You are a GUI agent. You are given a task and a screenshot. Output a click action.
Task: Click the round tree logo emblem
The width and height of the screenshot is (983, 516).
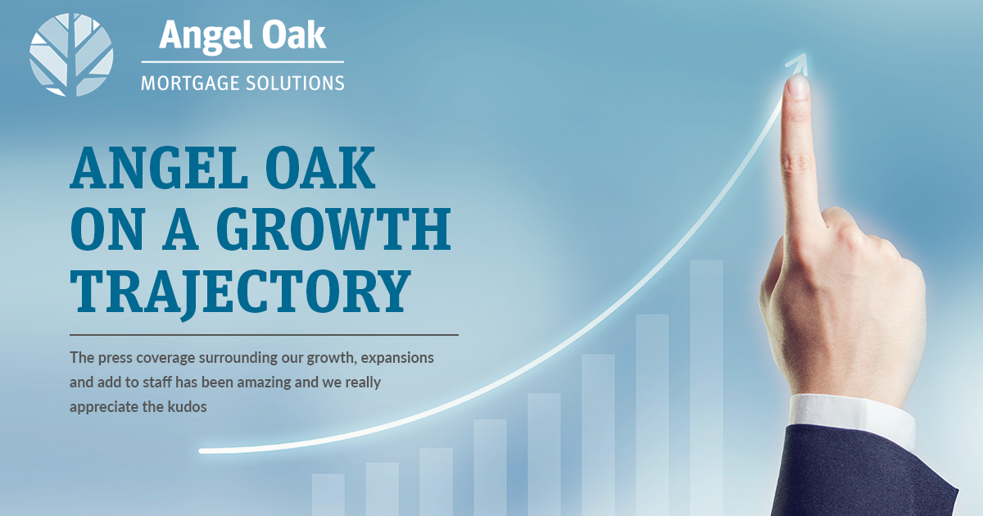click(x=71, y=55)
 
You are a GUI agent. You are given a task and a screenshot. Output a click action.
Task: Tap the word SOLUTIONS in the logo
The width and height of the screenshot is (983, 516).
click(x=295, y=84)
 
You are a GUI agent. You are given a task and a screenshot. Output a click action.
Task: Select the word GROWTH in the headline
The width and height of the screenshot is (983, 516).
click(x=333, y=229)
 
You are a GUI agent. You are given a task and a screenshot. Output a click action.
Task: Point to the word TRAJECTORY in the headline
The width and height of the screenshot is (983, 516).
click(x=241, y=292)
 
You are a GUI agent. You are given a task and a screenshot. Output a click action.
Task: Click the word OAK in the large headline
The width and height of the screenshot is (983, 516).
click(x=320, y=167)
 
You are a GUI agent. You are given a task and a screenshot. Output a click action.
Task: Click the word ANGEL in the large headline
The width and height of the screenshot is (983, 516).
click(x=159, y=167)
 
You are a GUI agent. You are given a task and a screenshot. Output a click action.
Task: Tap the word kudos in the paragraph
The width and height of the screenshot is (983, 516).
click(x=187, y=407)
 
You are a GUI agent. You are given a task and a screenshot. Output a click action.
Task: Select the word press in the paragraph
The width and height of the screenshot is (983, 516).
click(x=115, y=359)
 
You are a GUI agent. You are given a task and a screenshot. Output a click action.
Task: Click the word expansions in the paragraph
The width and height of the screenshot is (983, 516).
click(x=397, y=359)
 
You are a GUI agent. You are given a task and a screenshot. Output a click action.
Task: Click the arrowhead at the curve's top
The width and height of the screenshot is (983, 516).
click(x=797, y=64)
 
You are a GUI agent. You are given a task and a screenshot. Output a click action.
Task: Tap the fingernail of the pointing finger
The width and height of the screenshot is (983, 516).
click(x=798, y=86)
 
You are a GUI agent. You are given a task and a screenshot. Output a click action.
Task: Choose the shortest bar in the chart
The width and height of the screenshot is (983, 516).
click(x=328, y=495)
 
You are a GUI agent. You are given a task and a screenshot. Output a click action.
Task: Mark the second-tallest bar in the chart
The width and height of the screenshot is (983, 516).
click(x=653, y=415)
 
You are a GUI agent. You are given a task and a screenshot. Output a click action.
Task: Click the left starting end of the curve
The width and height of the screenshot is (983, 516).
click(x=202, y=451)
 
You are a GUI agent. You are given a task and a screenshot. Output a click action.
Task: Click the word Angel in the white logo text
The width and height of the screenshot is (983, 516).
click(x=206, y=36)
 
